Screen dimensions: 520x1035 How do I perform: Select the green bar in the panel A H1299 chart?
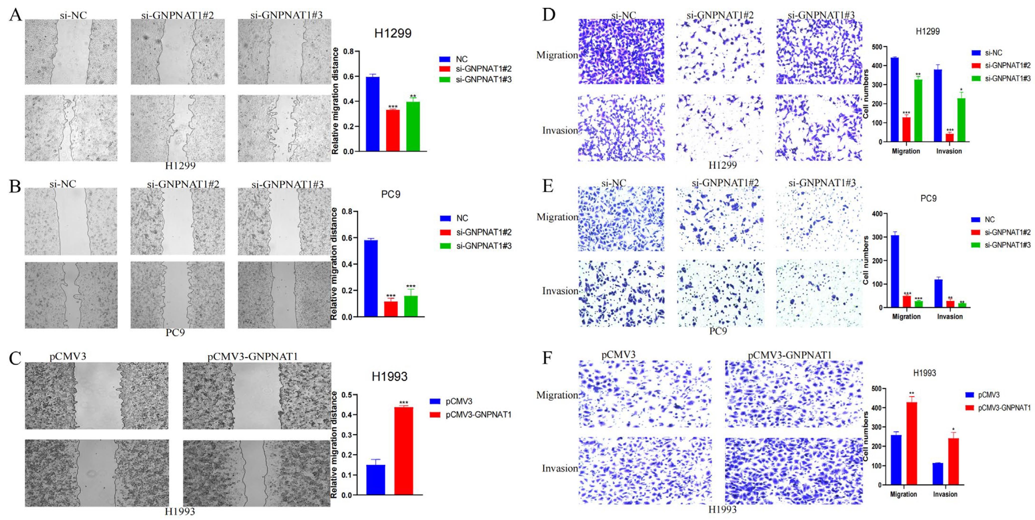[413, 126]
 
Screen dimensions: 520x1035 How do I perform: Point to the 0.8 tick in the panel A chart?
[348, 51]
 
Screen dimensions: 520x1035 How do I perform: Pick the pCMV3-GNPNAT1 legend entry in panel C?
[478, 414]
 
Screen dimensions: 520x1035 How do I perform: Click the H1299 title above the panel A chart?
[393, 33]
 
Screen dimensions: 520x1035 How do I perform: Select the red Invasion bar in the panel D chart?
[949, 137]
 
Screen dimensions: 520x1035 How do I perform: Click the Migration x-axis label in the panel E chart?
[906, 316]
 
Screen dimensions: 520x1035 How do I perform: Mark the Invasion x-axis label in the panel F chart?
[945, 494]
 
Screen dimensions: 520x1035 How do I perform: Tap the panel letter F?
[547, 357]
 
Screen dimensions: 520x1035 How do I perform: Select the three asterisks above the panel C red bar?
[403, 403]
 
